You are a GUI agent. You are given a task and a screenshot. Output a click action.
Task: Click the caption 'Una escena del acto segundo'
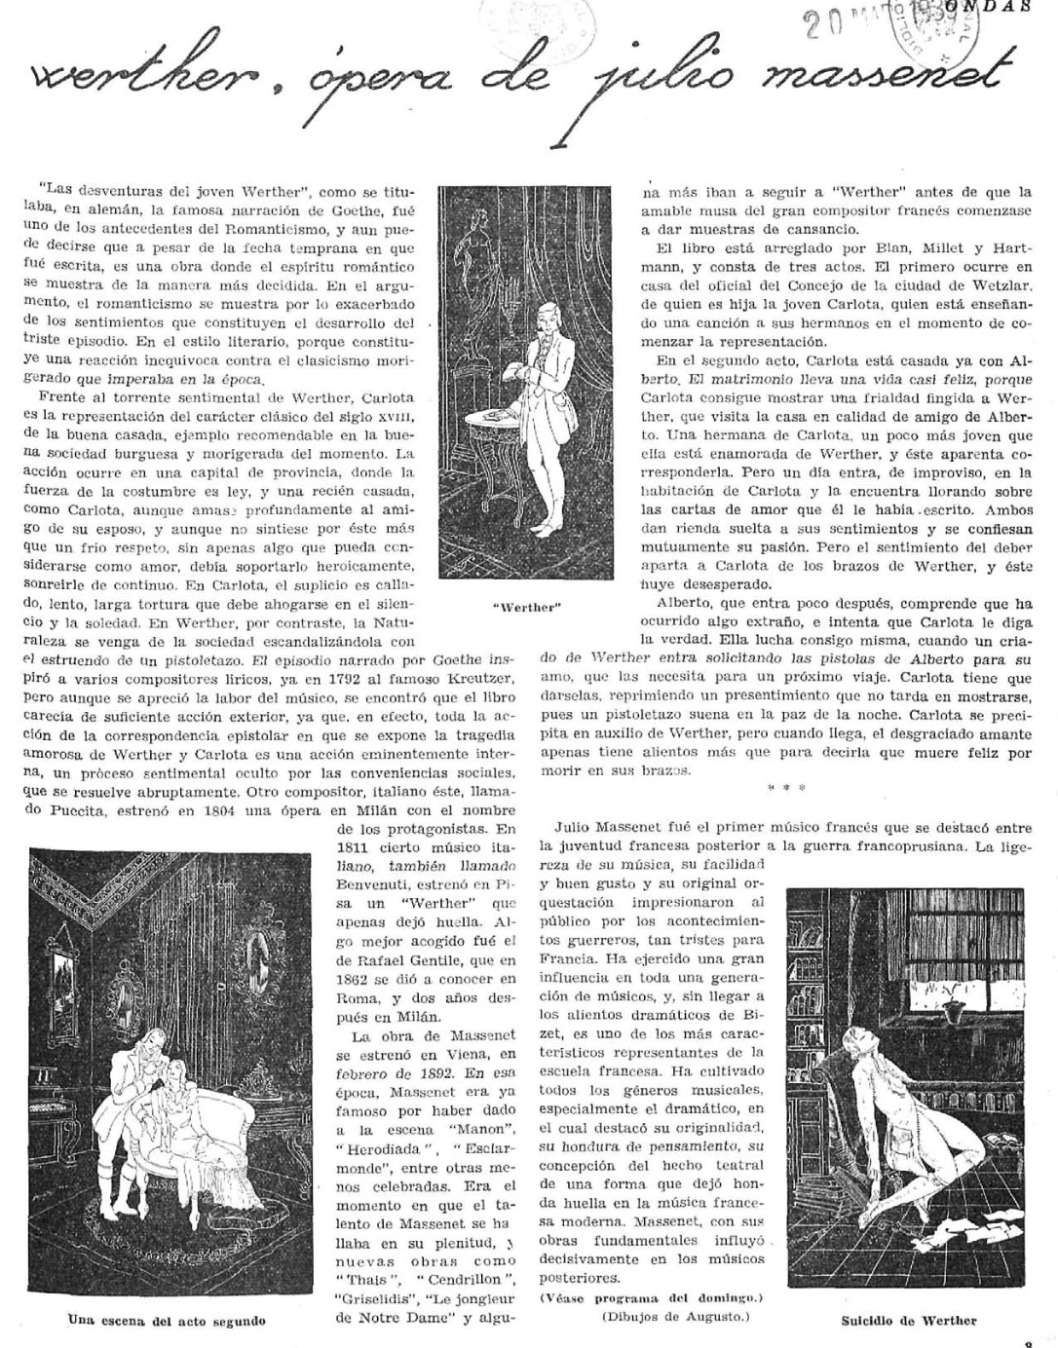click(x=167, y=1321)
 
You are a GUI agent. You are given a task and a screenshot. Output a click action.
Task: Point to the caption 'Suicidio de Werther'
click(x=908, y=1321)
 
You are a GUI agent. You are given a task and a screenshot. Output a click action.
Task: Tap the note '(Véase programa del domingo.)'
click(x=651, y=1298)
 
